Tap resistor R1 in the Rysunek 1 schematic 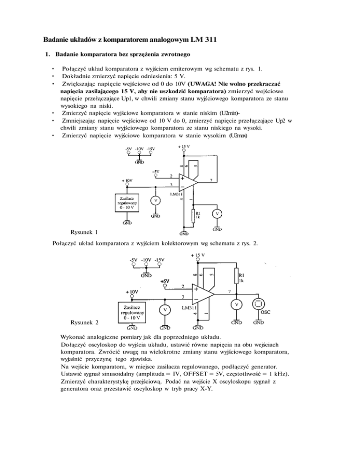tap(193, 217)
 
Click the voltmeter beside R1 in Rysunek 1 tap(217, 214)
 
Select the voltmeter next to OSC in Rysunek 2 tap(237, 304)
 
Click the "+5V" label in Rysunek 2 tap(165, 281)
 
